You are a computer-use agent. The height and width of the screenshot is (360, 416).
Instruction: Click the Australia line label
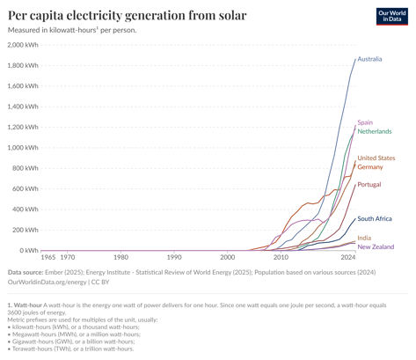coord(369,59)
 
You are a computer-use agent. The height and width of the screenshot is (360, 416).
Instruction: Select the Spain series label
coord(365,122)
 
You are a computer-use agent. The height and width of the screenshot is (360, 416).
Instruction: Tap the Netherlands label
coord(375,131)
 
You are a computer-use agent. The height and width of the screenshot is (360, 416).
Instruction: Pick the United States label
coord(376,158)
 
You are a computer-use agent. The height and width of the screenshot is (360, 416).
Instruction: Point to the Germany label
coord(369,167)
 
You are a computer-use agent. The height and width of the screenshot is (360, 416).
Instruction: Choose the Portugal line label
coord(369,184)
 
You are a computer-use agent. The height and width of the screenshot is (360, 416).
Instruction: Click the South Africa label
coord(374,218)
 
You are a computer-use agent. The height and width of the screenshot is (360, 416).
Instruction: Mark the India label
coord(364,238)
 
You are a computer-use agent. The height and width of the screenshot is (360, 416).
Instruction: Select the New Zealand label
coord(376,247)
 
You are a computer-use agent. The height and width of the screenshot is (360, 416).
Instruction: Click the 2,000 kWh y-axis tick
coord(22,45)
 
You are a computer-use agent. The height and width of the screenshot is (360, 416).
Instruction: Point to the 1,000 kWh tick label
coord(22,148)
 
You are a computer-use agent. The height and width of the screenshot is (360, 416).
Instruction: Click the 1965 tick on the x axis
coord(48,258)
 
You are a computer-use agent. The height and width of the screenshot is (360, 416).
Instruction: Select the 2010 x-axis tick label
coord(281,258)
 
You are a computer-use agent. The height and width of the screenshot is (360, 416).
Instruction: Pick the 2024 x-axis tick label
coord(348,258)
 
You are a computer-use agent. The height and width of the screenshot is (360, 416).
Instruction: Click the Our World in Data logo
coord(390,17)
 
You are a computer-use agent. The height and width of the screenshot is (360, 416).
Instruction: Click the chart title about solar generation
coord(127,15)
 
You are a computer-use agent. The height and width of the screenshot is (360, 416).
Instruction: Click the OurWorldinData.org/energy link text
coord(44,282)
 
